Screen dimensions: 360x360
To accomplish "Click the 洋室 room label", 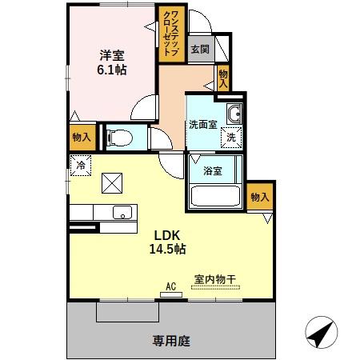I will click(x=112, y=55).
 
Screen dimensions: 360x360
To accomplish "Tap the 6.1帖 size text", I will click(x=112, y=70).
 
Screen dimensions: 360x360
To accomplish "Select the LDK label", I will click(x=166, y=235).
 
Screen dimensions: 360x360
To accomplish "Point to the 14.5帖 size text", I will click(x=166, y=249).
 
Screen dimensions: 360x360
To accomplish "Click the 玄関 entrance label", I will click(x=200, y=49).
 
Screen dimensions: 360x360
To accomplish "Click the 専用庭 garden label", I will click(x=172, y=341).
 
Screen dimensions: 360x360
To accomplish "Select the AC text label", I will click(x=170, y=284).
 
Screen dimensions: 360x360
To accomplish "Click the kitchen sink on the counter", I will click(x=122, y=213).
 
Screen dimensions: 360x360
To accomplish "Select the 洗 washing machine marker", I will click(x=230, y=137).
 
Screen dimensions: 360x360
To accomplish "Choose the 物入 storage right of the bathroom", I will click(x=259, y=197).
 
